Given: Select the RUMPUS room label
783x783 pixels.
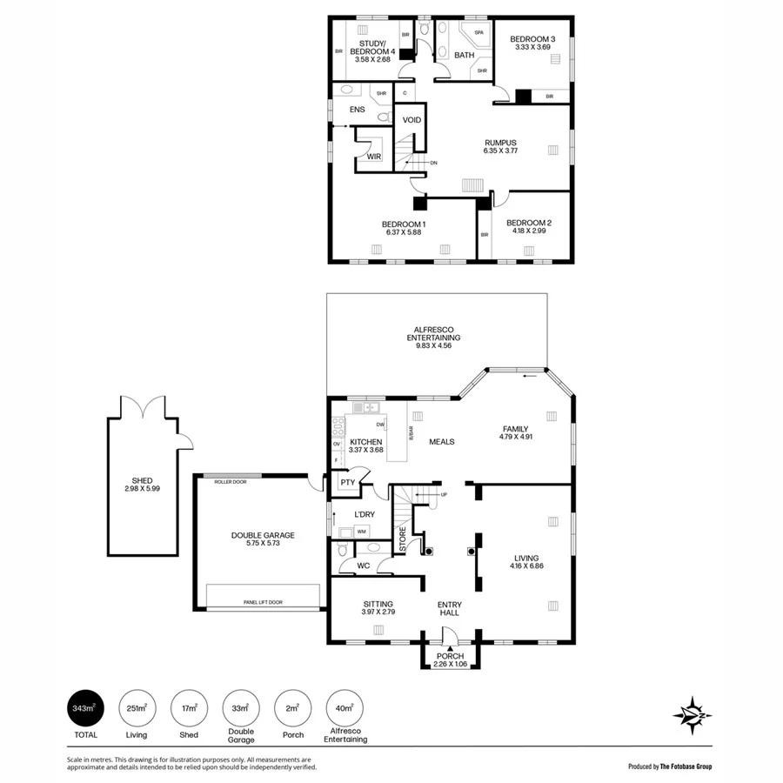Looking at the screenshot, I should [x=500, y=143].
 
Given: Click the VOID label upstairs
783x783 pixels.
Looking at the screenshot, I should [x=412, y=120].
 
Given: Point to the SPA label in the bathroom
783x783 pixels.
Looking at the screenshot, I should [x=479, y=33].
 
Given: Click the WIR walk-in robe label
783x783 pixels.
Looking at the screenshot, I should [x=373, y=157].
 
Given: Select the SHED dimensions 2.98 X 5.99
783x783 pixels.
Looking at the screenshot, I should [x=143, y=489].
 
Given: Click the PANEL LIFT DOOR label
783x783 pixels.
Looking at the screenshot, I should [x=262, y=602].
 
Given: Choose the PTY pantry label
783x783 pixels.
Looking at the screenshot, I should [x=347, y=482].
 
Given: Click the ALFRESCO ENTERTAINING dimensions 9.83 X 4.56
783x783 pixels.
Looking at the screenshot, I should [x=437, y=346].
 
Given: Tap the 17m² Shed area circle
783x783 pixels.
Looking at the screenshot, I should [x=189, y=710].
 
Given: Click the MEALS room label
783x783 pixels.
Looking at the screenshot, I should [x=442, y=441].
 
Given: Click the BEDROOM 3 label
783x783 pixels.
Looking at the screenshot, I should [x=532, y=39].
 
